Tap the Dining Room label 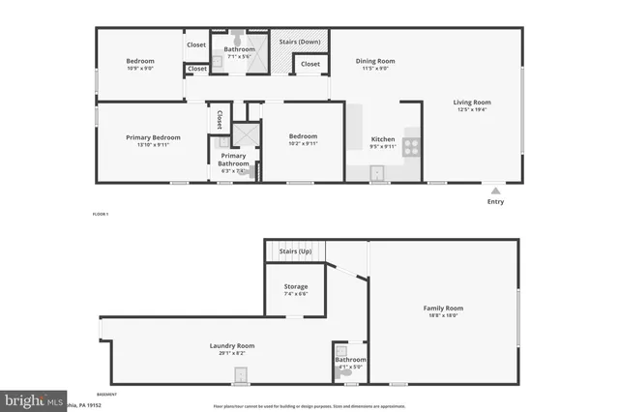(377, 61)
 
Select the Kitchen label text (383, 139)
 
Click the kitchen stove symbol (410, 148)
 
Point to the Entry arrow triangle (495, 191)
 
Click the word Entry (495, 202)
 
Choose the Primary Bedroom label (153, 137)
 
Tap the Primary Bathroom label (233, 160)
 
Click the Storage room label (295, 286)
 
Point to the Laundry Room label (232, 345)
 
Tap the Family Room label (444, 309)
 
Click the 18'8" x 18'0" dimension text (444, 316)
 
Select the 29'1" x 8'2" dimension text (232, 353)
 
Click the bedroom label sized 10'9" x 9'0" (141, 61)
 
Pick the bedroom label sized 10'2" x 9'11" (303, 136)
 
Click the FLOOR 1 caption (101, 213)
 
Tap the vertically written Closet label (221, 119)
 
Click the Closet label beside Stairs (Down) (309, 64)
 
